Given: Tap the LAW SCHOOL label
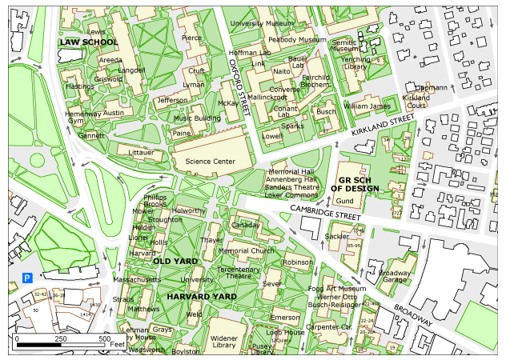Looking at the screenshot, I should [x=89, y=42].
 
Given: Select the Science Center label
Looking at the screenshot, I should [x=210, y=162].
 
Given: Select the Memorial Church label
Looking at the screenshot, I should [x=246, y=250].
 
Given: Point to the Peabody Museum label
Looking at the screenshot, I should [x=297, y=39].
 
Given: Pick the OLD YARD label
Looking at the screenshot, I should [x=175, y=261].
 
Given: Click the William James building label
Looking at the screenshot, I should [x=367, y=106].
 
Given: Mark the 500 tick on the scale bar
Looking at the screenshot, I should [x=104, y=339].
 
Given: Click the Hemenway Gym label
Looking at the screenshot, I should [x=85, y=118].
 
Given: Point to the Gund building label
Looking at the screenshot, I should [x=344, y=200].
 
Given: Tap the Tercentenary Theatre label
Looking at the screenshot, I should [x=239, y=273].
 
